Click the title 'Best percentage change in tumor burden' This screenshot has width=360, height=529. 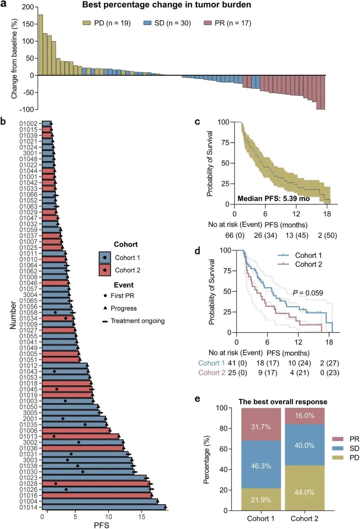(167, 5)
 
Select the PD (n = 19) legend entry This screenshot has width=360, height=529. (107, 23)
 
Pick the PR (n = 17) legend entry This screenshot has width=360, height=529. (228, 23)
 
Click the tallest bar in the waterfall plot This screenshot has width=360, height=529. (41, 45)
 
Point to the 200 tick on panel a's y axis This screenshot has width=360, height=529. (28, 7)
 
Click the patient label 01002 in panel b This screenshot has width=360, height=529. (28, 124)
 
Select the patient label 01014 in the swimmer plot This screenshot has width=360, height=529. (28, 507)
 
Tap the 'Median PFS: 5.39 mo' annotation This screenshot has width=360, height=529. (274, 199)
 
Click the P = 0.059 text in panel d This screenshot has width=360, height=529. (308, 293)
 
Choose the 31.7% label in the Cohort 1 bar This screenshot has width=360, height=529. (261, 427)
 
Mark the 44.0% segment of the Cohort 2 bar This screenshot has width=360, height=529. (304, 492)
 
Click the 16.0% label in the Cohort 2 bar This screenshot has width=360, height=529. (304, 416)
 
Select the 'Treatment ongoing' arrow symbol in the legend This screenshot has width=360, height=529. (105, 321)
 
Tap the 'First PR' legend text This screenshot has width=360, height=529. (122, 296)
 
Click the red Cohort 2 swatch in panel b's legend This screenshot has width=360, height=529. (105, 270)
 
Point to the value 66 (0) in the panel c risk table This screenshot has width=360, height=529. (235, 235)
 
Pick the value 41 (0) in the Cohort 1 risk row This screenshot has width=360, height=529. (237, 363)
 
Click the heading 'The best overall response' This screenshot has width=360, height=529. (283, 402)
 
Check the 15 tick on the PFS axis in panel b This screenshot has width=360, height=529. (142, 517)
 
